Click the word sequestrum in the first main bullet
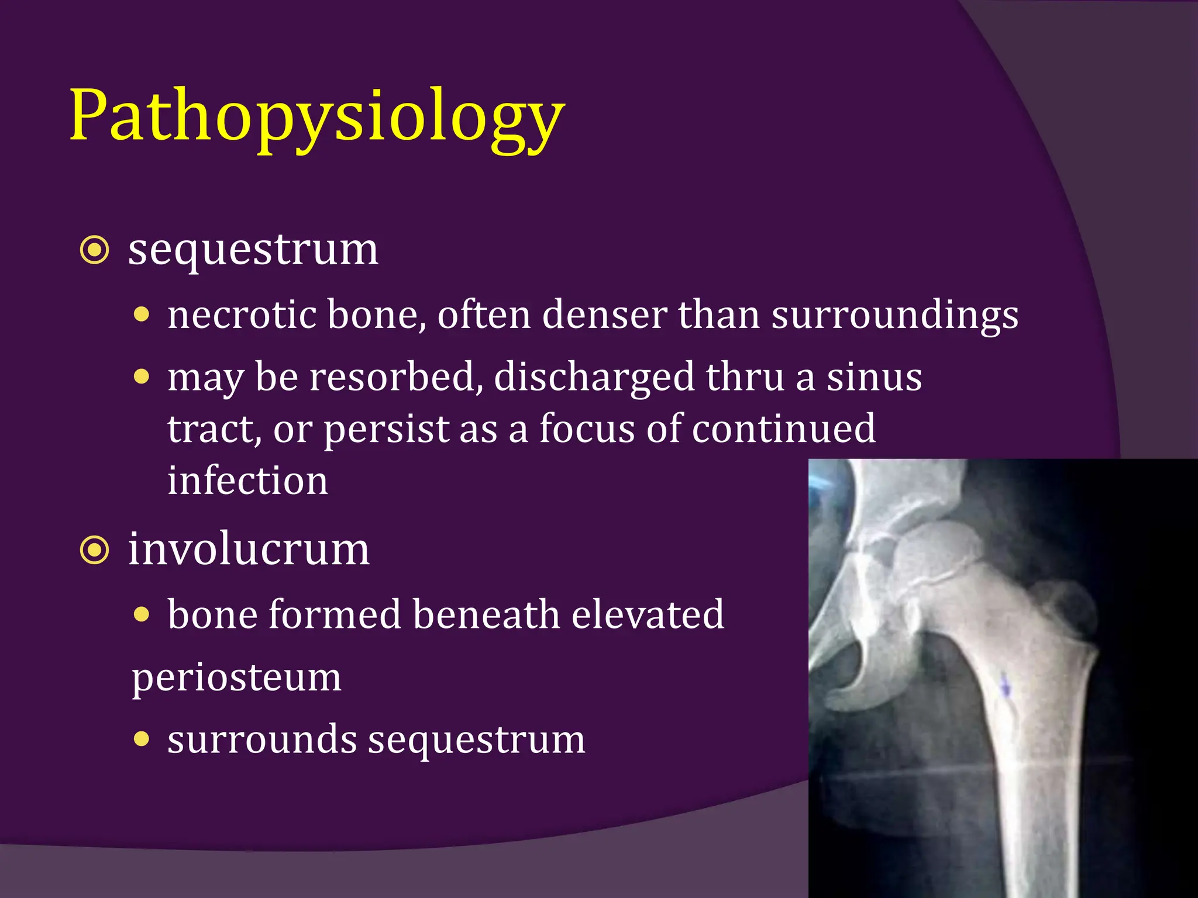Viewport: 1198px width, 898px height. pos(253,250)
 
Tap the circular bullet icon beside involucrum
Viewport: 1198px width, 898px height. pos(94,550)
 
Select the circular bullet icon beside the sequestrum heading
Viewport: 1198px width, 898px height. pos(94,251)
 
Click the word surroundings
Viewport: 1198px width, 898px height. pos(894,316)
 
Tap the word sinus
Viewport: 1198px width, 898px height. pos(874,377)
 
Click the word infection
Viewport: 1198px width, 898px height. pos(247,481)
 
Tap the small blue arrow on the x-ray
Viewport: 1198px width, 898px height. pos(1006,688)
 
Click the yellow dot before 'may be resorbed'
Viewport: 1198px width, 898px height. pos(142,376)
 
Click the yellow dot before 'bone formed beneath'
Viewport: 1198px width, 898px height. pos(142,614)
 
